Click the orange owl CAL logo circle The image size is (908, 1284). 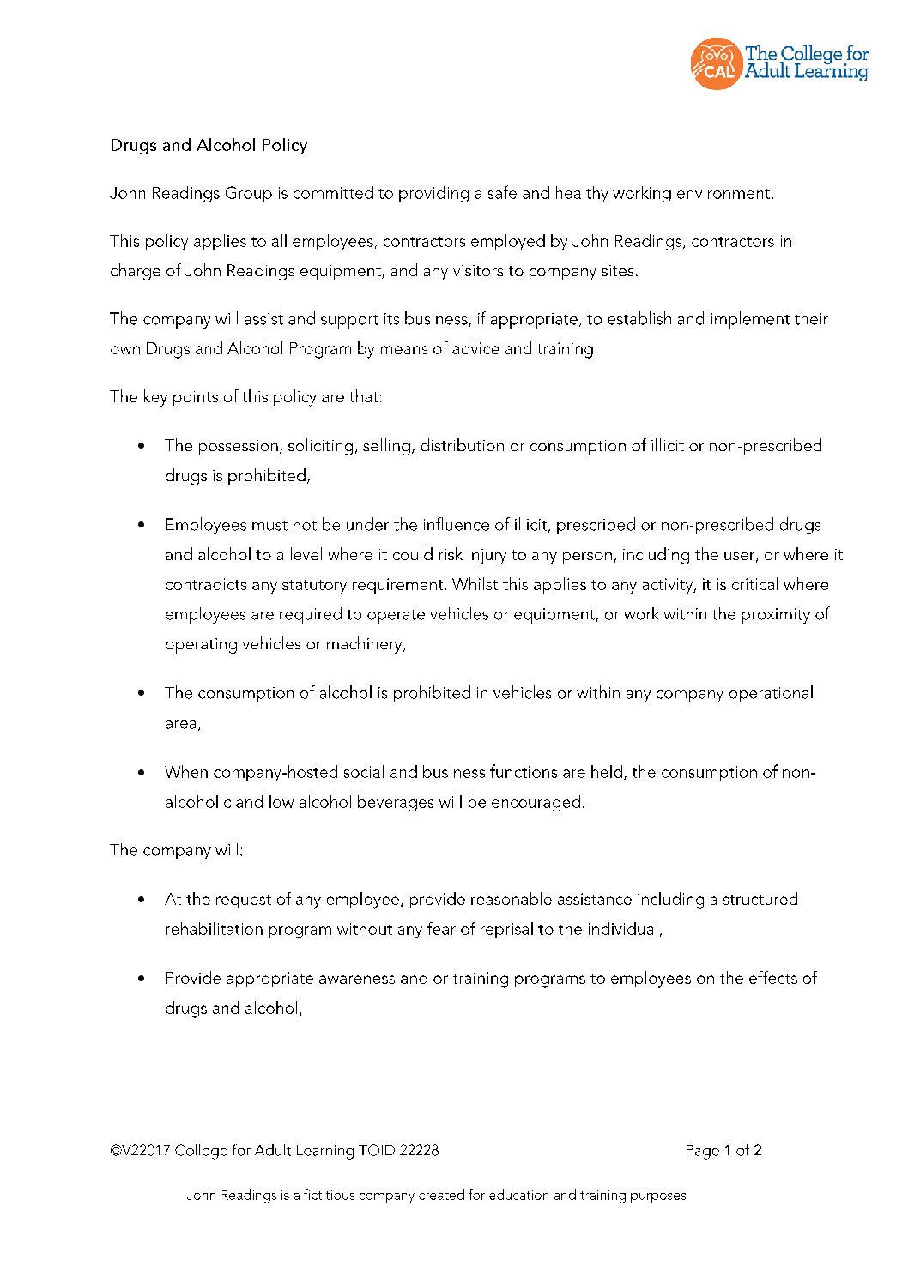[716, 63]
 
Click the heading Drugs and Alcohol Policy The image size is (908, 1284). [209, 145]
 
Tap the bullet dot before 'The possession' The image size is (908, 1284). [142, 446]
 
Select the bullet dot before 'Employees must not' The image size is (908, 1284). [142, 525]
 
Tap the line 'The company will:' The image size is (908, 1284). [177, 850]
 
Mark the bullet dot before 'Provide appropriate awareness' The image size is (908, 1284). [142, 979]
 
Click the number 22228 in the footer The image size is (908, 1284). [419, 1151]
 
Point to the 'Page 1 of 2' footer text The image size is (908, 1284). [723, 1151]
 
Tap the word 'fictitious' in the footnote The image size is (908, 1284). [329, 1196]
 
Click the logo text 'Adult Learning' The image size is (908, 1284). [807, 72]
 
